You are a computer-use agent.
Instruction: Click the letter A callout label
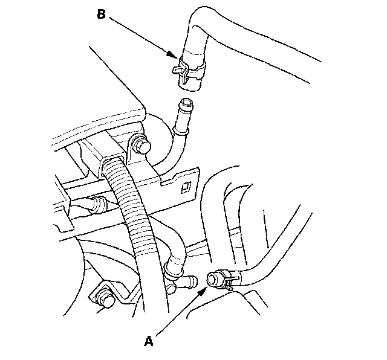coord(148,341)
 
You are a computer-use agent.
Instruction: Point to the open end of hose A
coord(213,279)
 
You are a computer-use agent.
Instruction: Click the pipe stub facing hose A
coord(187,281)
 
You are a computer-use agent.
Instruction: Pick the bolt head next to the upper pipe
coord(144,146)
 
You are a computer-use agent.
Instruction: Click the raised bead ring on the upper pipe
coord(181,127)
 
